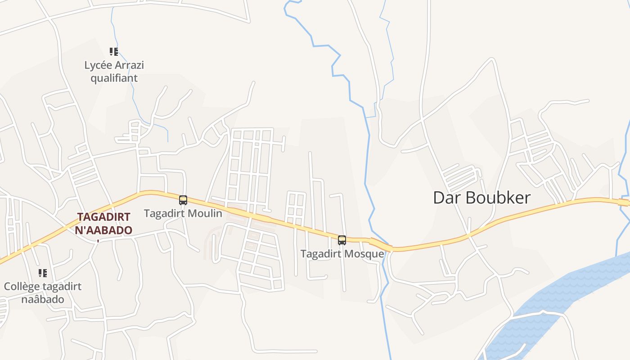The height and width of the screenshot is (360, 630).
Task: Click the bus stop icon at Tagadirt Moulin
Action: [x=183, y=200]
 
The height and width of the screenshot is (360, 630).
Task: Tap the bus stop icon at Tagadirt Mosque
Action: [x=342, y=240]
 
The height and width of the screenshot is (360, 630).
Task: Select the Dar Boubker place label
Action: [x=481, y=198]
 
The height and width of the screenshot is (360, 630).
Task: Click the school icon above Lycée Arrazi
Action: [x=114, y=52]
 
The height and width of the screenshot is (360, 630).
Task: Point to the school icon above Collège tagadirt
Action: [x=43, y=273]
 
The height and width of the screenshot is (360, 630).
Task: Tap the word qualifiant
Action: [x=114, y=78]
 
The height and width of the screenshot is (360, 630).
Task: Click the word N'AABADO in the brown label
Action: [x=104, y=230]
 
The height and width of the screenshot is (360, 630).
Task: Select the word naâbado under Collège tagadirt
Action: [x=43, y=299]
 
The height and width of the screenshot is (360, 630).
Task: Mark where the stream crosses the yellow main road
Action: [x=381, y=244]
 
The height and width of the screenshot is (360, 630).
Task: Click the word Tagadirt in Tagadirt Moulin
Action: [x=163, y=213]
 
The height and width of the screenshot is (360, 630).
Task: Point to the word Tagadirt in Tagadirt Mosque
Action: [x=320, y=254]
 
